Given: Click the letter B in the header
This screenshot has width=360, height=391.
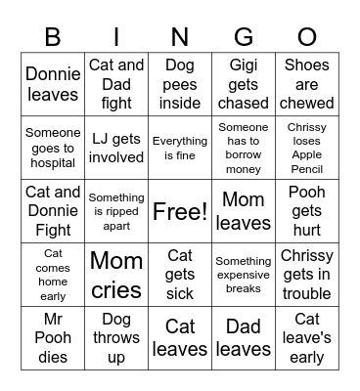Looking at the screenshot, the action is coord(53,37).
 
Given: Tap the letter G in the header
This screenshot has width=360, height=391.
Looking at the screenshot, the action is coord(244,37).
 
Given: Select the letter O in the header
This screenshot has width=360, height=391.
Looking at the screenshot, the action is coord(307,37).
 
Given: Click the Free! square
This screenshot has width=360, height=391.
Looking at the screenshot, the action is coord(180,211).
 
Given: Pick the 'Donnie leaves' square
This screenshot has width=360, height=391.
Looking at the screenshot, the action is coord(53,84).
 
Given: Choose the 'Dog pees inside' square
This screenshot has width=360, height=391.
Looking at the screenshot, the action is coord(180,84).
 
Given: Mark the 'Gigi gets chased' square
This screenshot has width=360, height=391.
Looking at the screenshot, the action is coord(244,84).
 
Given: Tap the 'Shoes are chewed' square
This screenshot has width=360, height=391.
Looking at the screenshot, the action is coord(307,84).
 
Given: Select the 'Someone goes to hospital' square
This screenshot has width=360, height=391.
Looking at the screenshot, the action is coord(53,148).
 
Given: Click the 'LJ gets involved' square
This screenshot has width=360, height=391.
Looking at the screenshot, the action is coord(116,148).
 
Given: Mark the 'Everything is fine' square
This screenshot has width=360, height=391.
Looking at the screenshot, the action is coord(180,148).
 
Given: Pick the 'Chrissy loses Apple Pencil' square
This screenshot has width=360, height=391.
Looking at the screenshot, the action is coord(307,148).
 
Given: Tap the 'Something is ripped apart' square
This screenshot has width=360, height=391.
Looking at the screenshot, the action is coord(116,211).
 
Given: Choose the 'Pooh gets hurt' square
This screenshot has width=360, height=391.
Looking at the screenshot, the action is coord(307,211).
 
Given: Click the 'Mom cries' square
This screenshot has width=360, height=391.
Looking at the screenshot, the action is coord(116,275).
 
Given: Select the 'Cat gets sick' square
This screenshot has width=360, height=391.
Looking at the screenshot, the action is coord(180,275).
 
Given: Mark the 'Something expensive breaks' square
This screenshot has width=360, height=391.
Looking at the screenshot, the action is coord(244,275).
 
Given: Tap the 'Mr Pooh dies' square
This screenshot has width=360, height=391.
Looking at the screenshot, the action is coord(53,338).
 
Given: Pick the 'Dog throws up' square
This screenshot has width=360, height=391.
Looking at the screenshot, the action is coord(116,338).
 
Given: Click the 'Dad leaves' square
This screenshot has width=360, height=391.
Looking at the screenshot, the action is coord(244,338).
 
